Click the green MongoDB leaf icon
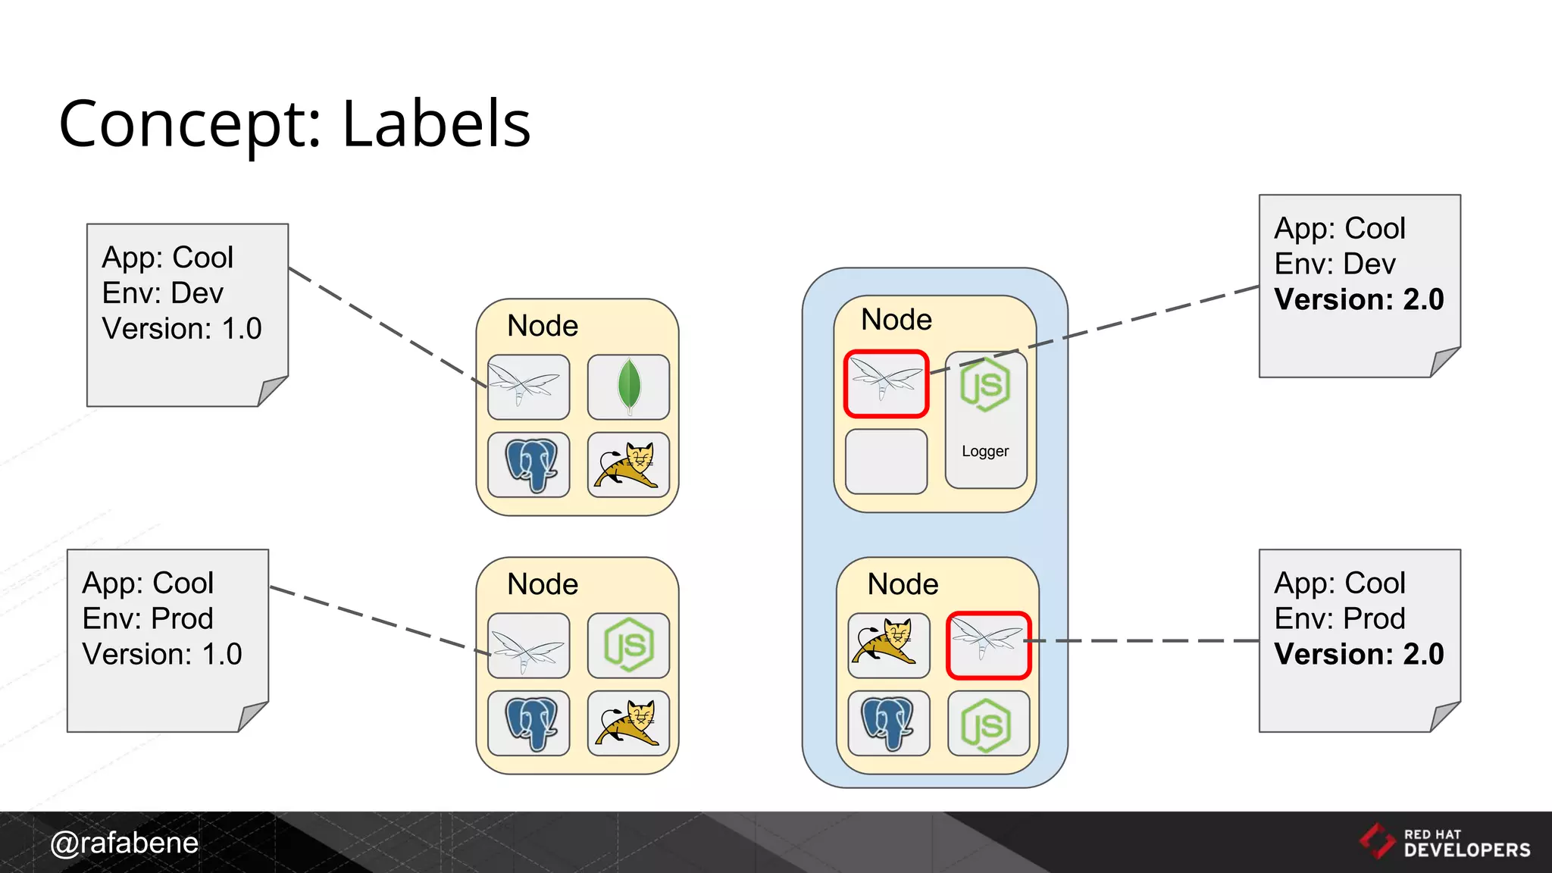tap(628, 386)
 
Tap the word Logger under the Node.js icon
tap(985, 451)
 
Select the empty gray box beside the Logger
tap(886, 462)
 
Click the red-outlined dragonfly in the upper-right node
tap(886, 383)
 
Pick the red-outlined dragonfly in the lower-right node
tap(988, 645)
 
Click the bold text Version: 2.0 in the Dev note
tap(1359, 299)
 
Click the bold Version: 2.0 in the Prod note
tap(1359, 654)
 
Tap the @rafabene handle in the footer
tap(124, 843)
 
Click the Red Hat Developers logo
tap(1444, 842)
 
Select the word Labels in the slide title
tap(436, 124)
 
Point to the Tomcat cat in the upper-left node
tap(628, 465)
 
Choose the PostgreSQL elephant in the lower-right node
tap(888, 723)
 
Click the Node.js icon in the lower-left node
tap(628, 645)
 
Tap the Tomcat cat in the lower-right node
tap(888, 645)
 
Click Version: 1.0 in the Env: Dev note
tap(182, 329)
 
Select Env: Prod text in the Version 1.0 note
tap(148, 618)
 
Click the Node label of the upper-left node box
tap(543, 326)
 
